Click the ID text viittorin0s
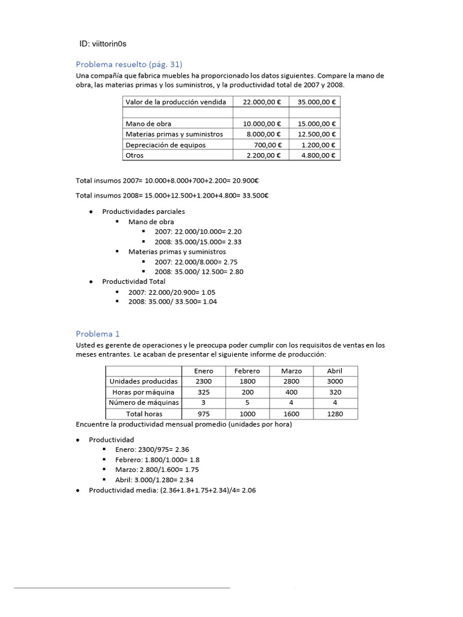103,44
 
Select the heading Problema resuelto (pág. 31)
129,64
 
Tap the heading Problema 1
98,333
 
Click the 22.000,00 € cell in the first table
260,102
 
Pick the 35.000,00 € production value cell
315,102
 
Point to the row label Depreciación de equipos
165,145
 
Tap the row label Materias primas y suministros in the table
174,134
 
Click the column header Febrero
247,371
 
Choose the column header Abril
335,371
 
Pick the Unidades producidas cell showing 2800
291,381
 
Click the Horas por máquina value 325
203,392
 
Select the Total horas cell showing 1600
291,414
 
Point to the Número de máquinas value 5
247,403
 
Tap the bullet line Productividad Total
133,281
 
